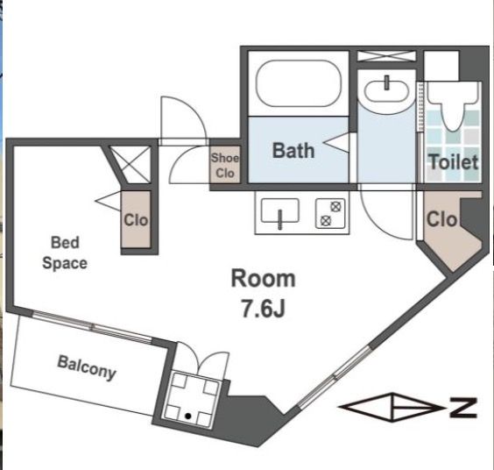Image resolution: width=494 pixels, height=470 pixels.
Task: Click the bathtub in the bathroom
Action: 299,83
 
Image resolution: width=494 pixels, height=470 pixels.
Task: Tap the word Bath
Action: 293,151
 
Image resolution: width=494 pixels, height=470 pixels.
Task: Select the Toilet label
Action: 454,162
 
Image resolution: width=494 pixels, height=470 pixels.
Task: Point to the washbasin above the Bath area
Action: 386,91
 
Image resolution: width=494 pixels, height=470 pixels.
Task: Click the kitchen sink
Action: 279,210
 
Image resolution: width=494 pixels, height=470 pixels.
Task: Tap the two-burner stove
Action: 330,213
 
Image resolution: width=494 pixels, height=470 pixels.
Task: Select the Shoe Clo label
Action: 225,166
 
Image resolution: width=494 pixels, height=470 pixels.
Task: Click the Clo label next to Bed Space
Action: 136,220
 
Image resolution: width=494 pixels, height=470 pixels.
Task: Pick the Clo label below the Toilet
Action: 441,219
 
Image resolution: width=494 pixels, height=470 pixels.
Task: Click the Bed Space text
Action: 65,253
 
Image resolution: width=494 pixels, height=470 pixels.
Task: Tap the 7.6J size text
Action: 263,309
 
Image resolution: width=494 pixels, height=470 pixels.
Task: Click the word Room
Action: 264,279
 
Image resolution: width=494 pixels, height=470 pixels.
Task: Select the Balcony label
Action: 87,367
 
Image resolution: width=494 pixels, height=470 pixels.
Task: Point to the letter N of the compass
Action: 463,408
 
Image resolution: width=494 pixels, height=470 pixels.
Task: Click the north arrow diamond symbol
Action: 392,408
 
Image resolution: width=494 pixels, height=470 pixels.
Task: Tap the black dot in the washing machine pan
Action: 188,417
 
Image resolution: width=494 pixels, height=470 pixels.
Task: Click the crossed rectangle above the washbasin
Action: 386,56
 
